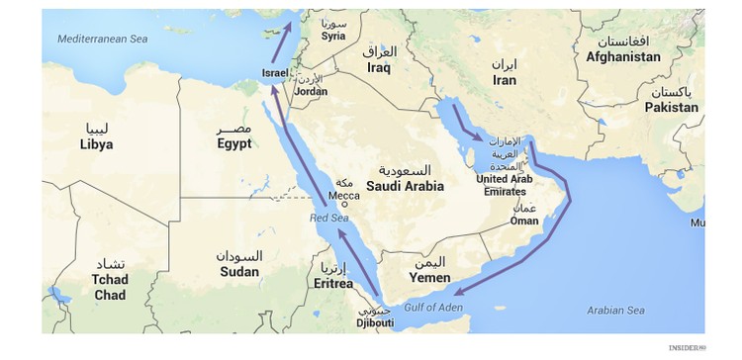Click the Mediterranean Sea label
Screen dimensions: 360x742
point(102,38)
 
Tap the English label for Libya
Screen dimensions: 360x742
point(96,144)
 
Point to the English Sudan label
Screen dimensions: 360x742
point(238,271)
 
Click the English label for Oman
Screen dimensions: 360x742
point(524,222)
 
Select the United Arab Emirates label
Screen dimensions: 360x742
point(505,185)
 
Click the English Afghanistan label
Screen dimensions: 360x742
point(622,57)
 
